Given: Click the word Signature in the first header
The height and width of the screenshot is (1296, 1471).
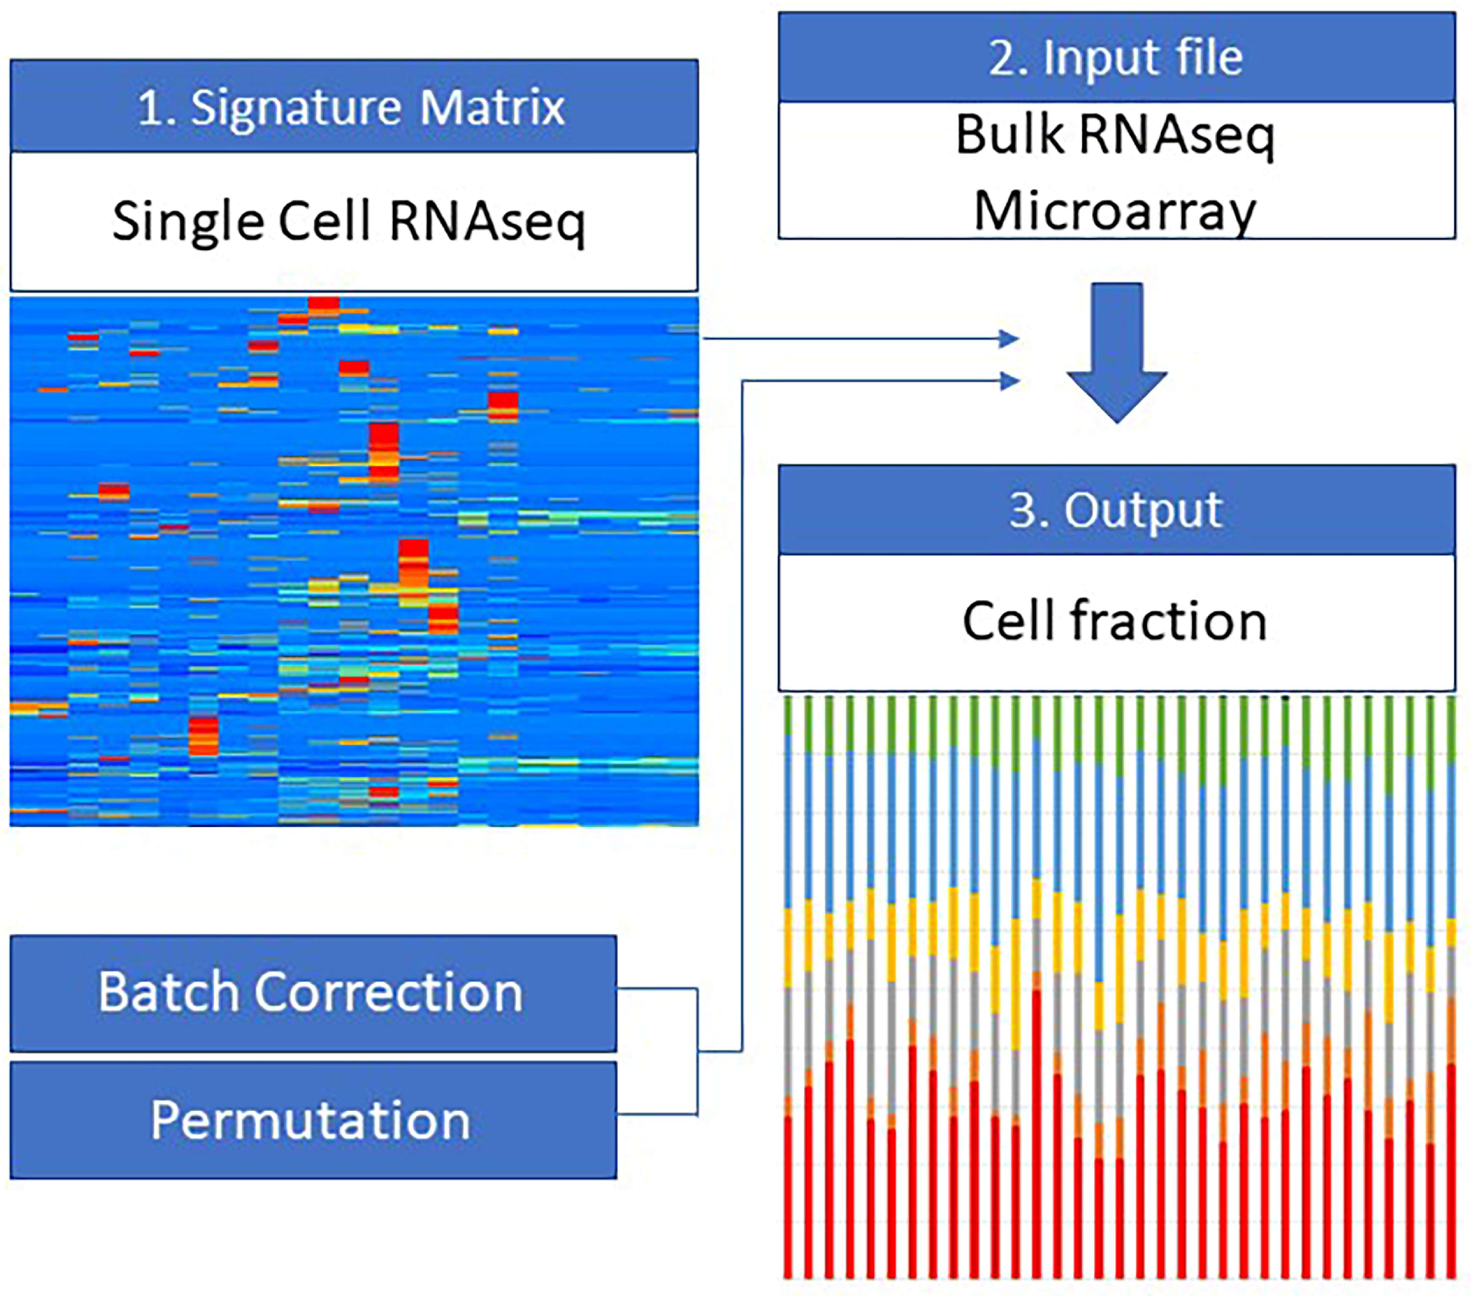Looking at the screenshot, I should pos(294,109).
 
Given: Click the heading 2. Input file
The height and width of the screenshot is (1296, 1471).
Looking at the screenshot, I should pos(1116,57).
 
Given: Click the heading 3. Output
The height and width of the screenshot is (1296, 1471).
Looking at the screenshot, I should pos(1116,510).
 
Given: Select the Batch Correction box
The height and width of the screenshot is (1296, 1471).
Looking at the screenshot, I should pos(313,993).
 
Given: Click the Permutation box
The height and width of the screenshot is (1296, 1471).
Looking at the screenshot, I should pos(313,1120).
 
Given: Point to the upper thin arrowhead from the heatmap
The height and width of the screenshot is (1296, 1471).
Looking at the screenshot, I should pos(1009,338).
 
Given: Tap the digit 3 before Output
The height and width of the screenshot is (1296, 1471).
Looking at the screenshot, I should pos(1023,510).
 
